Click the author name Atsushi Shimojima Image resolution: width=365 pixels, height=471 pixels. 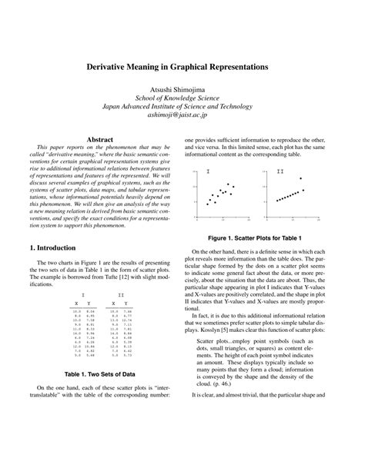point(182,90)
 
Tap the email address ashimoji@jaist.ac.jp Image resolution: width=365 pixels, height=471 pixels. point(182,121)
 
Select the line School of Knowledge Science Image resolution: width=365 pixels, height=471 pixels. point(182,100)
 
